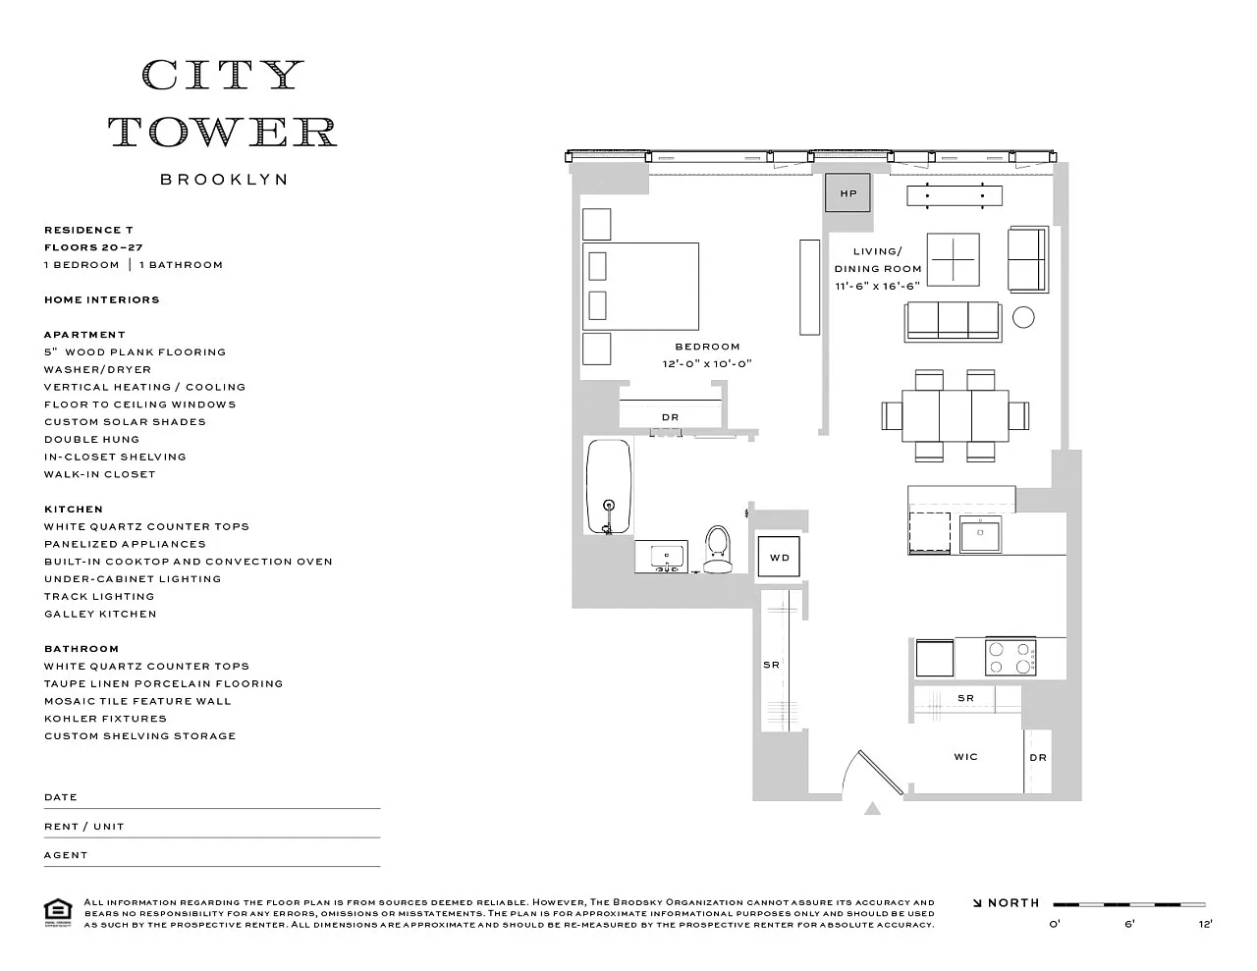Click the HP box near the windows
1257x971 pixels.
click(847, 192)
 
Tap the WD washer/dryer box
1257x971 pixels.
click(779, 557)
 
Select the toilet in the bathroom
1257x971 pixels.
click(718, 549)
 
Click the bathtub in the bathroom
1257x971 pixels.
click(609, 486)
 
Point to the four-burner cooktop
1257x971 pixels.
click(1011, 658)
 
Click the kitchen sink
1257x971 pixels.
click(980, 534)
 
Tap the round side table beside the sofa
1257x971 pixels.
click(1023, 317)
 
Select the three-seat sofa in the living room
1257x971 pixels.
click(954, 322)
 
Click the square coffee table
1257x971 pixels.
click(954, 259)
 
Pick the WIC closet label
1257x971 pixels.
click(965, 756)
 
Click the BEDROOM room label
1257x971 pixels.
click(707, 347)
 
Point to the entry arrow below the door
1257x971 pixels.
click(872, 808)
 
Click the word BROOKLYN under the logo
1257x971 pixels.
click(224, 180)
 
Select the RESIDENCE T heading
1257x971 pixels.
click(88, 230)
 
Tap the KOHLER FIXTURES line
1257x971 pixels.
click(105, 719)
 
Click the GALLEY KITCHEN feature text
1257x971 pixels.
click(100, 614)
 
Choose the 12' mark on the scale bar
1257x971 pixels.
click(1205, 924)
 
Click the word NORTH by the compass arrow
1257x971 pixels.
click(1013, 902)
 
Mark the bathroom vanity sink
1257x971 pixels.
click(667, 558)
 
